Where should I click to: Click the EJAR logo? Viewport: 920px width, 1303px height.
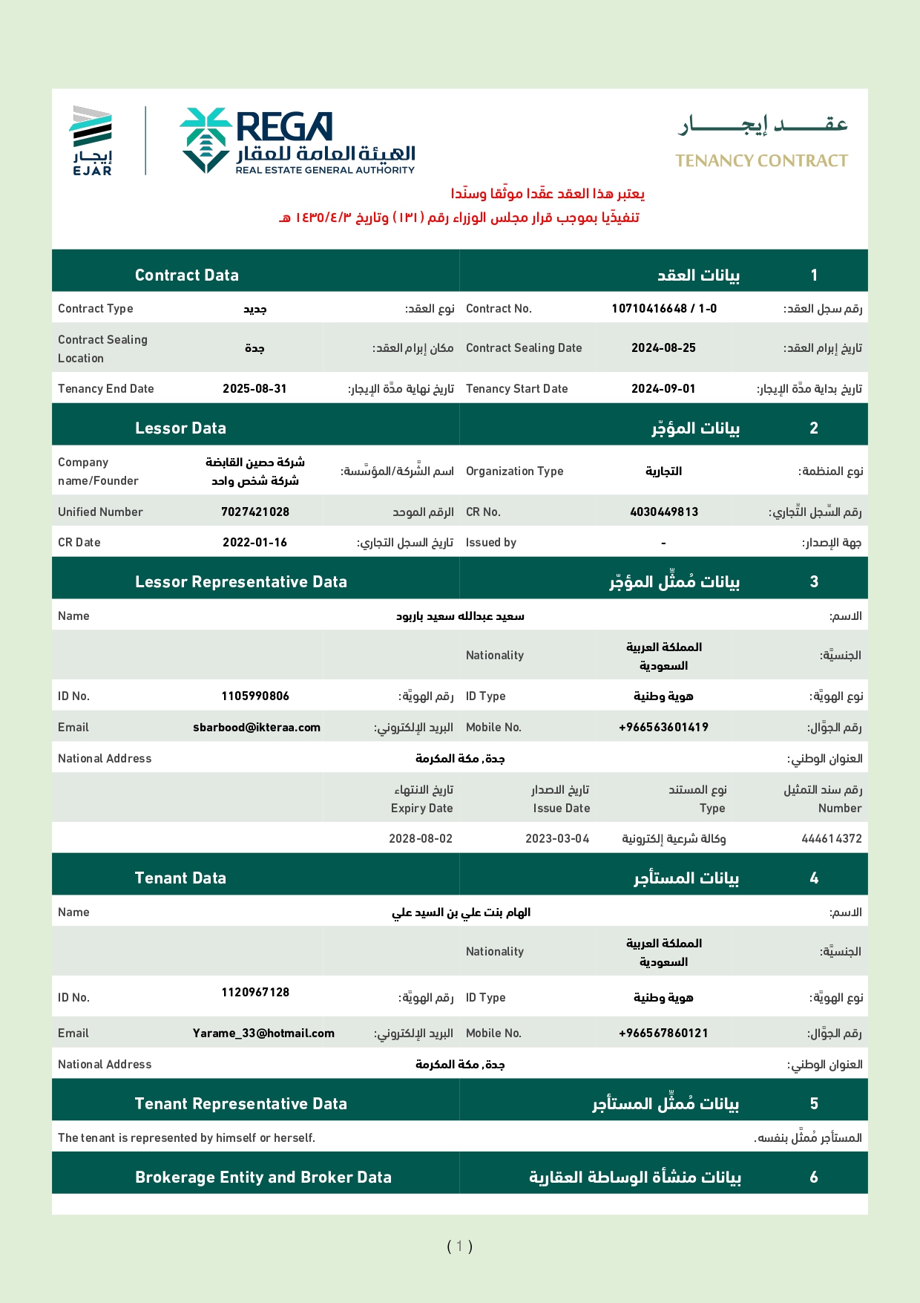click(92, 141)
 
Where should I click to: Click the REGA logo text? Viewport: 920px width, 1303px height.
click(284, 127)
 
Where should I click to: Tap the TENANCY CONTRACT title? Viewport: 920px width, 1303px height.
click(761, 161)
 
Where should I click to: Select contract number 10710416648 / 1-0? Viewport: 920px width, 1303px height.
click(664, 309)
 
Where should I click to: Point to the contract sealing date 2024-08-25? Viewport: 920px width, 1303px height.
click(663, 348)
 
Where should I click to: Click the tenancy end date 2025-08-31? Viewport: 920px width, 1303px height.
click(254, 389)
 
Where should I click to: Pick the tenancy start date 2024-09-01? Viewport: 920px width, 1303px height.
click(663, 389)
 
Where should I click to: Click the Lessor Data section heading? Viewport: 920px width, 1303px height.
click(180, 428)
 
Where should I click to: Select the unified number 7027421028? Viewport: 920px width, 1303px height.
click(255, 512)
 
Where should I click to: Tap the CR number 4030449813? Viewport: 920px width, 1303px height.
click(663, 512)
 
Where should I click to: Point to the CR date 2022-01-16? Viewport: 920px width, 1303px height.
click(254, 543)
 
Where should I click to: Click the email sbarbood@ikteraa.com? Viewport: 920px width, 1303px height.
click(257, 728)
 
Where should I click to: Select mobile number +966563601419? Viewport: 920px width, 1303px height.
click(663, 728)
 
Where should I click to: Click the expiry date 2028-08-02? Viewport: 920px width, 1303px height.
click(421, 839)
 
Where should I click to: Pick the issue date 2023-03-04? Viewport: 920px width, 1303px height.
click(557, 839)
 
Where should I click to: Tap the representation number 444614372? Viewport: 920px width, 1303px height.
click(832, 839)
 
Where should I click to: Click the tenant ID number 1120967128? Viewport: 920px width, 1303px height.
click(255, 993)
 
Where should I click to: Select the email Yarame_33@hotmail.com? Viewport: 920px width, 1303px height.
click(263, 1033)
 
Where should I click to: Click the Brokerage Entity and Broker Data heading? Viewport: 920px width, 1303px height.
click(263, 1178)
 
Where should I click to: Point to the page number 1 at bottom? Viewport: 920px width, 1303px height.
click(460, 1247)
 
